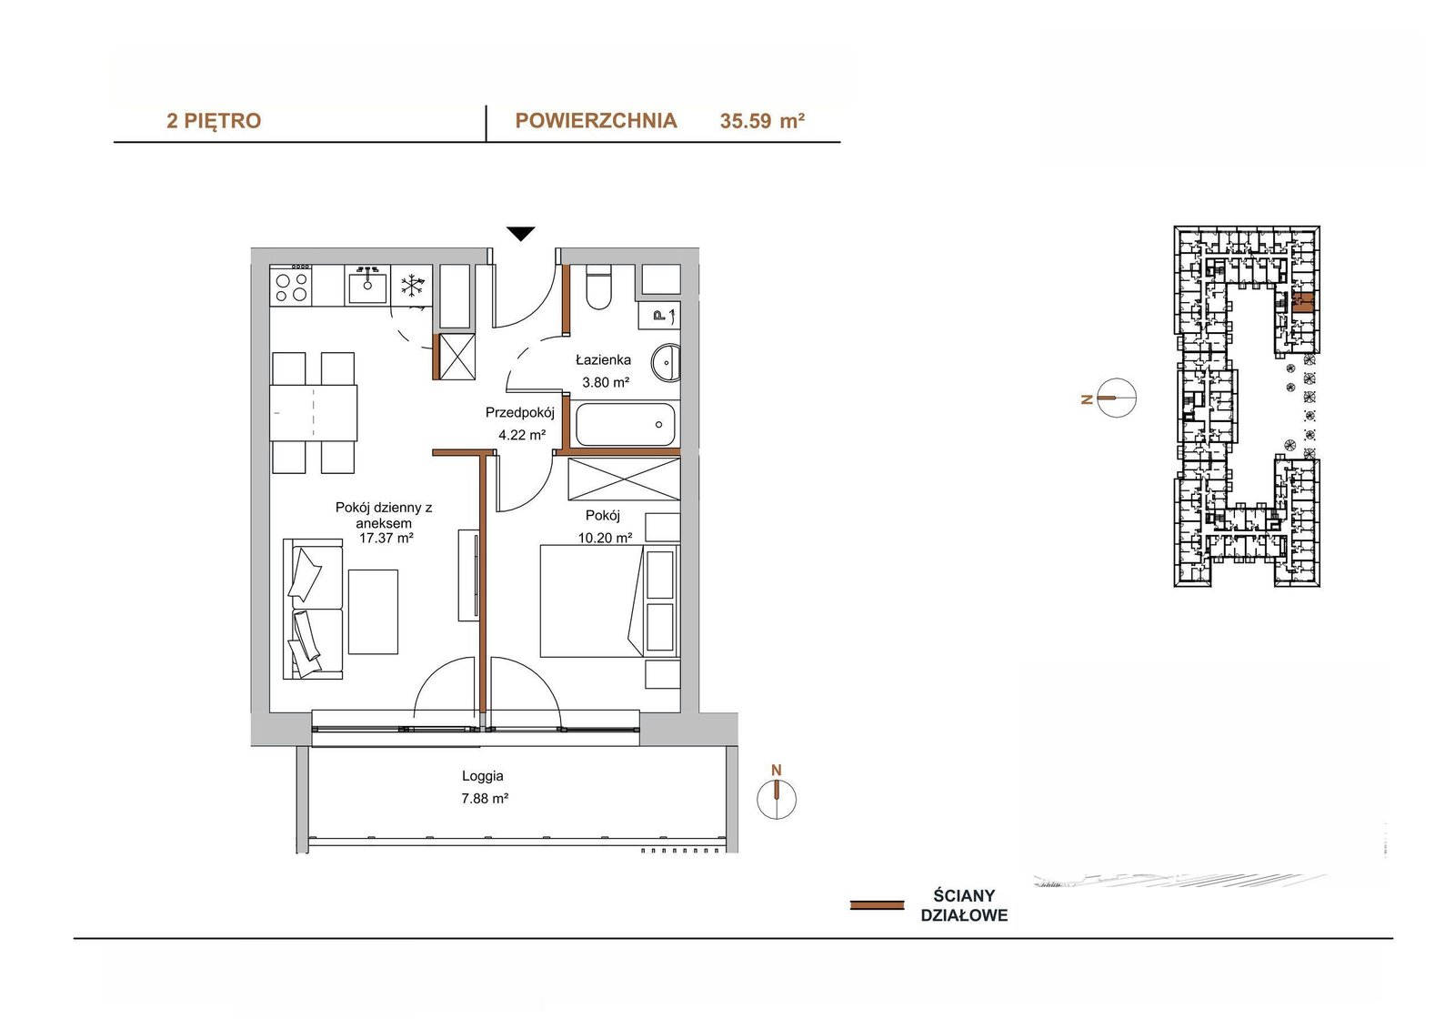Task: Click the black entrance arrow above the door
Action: click(x=521, y=234)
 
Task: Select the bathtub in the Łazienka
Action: click(x=625, y=425)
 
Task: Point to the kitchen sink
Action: click(x=367, y=286)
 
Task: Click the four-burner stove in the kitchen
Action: click(x=290, y=286)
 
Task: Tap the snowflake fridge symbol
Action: click(x=411, y=286)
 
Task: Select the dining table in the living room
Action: click(x=314, y=413)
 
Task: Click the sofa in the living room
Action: click(x=313, y=609)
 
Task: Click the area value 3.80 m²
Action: click(x=606, y=383)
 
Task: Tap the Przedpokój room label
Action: click(x=519, y=413)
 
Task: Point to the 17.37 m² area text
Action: click(x=386, y=539)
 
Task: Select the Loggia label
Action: click(x=483, y=775)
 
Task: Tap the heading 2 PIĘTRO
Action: click(x=214, y=121)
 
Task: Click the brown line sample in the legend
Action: click(x=877, y=905)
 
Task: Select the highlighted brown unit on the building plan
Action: click(x=1302, y=304)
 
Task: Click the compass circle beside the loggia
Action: click(x=777, y=799)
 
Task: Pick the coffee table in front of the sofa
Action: click(x=373, y=611)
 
